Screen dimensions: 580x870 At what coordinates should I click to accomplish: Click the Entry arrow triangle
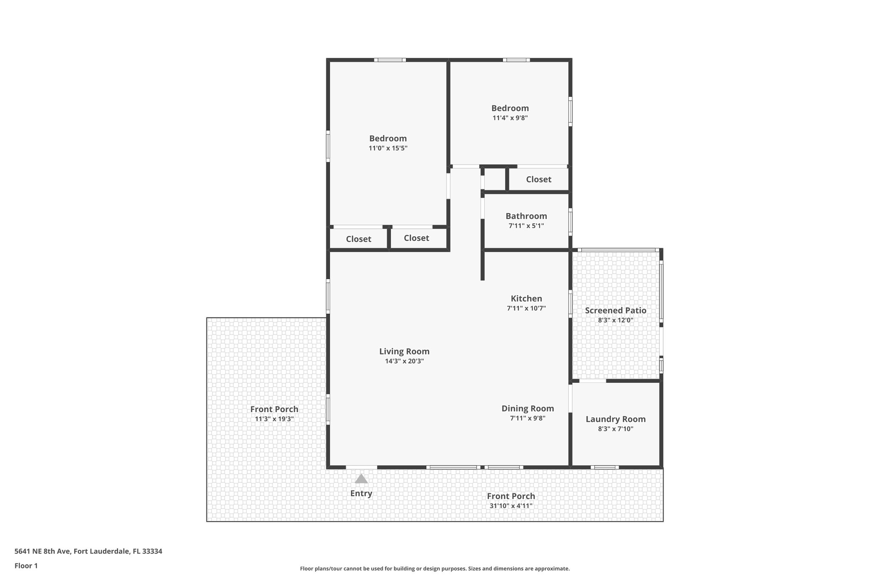[x=361, y=479]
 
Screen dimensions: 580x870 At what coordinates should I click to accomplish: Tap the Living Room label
[x=404, y=351]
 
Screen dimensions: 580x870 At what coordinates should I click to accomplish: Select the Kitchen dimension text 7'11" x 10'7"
[x=526, y=308]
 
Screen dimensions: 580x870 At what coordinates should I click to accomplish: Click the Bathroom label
[x=526, y=216]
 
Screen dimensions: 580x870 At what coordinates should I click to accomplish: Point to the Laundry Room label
[x=616, y=419]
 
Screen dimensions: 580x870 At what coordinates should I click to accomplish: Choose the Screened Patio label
[x=616, y=310]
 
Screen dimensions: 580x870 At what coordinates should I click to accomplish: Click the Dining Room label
[x=528, y=408]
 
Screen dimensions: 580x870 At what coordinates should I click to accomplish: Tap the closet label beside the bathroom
[x=538, y=179]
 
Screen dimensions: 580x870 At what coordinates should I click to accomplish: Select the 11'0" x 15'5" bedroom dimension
[x=388, y=148]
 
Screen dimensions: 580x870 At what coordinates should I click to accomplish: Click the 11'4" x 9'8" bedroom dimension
[x=510, y=118]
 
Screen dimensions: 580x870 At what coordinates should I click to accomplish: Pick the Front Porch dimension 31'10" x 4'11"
[x=511, y=506]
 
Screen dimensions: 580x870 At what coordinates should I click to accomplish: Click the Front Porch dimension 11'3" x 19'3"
[x=274, y=419]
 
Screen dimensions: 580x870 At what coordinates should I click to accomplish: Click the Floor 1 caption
[x=26, y=566]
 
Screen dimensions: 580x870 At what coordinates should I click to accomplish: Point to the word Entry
[x=361, y=493]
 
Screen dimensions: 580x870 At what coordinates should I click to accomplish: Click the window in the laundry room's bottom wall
[x=604, y=467]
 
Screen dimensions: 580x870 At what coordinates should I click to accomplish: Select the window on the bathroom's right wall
[x=571, y=222]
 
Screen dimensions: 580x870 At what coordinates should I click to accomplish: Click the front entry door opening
[x=361, y=467]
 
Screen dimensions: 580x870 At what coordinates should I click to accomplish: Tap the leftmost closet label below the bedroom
[x=358, y=239]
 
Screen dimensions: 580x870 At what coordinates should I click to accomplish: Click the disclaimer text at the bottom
[x=435, y=569]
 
